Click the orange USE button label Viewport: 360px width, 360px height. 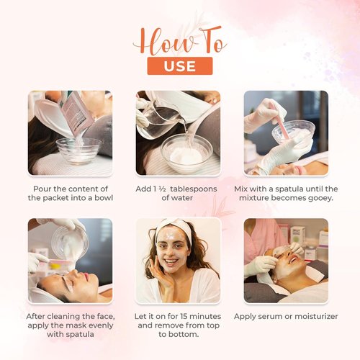coord(179,66)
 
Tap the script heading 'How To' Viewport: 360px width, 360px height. coord(179,41)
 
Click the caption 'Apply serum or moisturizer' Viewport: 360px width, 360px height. coord(286,316)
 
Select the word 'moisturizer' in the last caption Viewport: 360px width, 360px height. coord(311,316)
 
